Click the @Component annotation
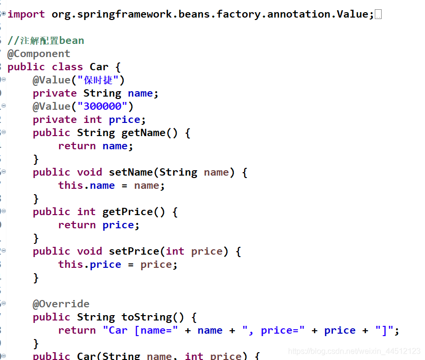[x=39, y=54]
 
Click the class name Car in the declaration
[x=99, y=67]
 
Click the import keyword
[x=26, y=14]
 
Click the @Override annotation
[x=61, y=304]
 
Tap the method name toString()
[x=153, y=317]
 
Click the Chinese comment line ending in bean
[x=46, y=40]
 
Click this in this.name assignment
[x=71, y=185]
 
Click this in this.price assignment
[x=71, y=264]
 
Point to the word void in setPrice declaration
[x=89, y=251]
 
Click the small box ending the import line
[x=378, y=15]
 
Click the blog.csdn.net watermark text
[x=354, y=351]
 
